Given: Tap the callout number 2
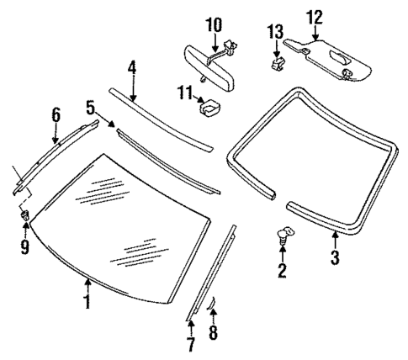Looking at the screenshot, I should (283, 270).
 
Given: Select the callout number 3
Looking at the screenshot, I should (335, 259).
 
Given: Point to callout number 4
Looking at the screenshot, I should (132, 67).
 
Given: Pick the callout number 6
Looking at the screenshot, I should (56, 114).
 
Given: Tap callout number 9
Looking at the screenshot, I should (24, 248).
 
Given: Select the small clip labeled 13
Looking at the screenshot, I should (275, 61).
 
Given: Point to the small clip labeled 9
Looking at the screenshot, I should (24, 218).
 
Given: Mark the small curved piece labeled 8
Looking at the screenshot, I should (212, 304).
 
